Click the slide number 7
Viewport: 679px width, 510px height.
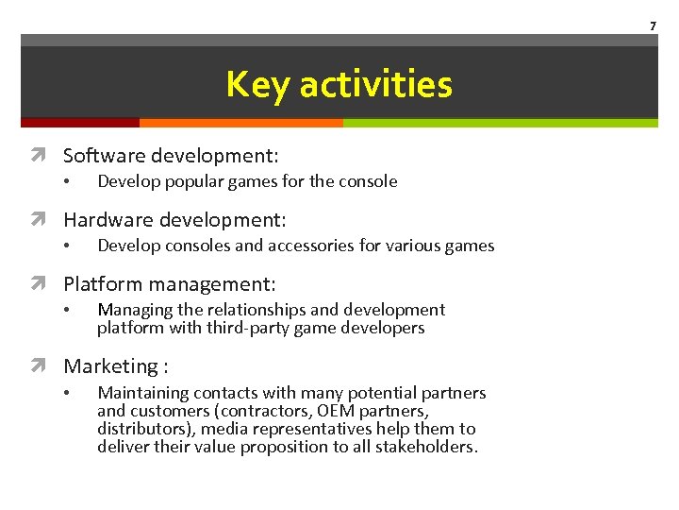click(x=652, y=25)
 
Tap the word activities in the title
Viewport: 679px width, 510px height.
click(x=376, y=84)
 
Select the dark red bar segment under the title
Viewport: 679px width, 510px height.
click(x=79, y=123)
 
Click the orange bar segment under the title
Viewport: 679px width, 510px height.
click(x=240, y=123)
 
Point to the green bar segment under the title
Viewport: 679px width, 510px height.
click(x=500, y=123)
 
